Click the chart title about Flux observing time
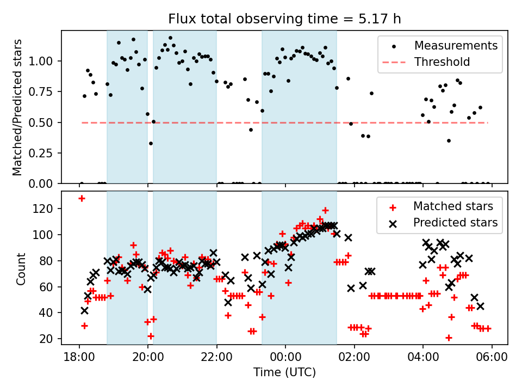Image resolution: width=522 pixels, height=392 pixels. tap(284, 19)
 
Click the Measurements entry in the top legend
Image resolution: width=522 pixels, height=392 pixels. tap(456, 46)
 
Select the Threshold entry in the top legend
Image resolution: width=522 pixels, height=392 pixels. tap(442, 62)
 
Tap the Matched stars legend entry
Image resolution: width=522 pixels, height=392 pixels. tap(453, 206)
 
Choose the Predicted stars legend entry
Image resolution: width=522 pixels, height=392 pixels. tap(455, 222)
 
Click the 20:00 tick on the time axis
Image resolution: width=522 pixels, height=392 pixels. tap(148, 358)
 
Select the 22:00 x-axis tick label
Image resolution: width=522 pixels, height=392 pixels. tap(216, 358)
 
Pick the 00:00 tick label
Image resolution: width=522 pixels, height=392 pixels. tap(285, 358)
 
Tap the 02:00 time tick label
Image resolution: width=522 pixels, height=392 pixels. tap(354, 358)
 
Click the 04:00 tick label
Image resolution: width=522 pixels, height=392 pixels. tap(423, 358)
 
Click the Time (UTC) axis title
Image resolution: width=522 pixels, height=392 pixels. tap(284, 373)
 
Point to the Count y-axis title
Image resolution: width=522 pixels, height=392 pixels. tap(21, 268)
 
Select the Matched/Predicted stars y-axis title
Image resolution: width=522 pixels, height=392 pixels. tap(18, 107)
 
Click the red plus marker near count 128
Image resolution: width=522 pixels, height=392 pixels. tap(82, 198)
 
